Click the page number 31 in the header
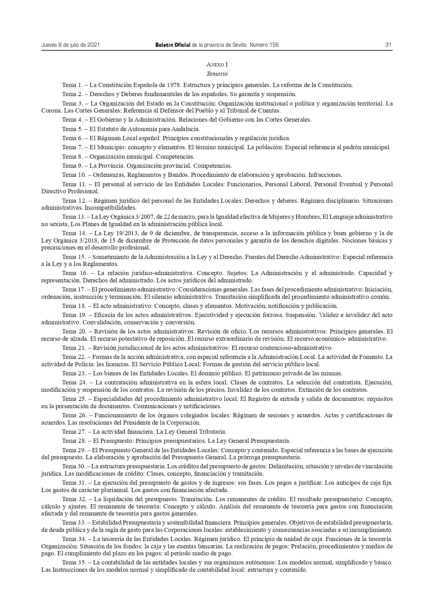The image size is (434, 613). (388, 45)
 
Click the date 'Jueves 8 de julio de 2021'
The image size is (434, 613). (71, 45)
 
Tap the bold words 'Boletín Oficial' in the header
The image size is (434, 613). (173, 45)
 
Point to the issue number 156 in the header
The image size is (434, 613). (274, 45)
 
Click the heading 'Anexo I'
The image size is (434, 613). (217, 65)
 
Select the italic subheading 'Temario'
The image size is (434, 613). (217, 74)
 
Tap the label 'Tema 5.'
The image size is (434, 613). (72, 129)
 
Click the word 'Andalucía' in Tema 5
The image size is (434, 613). (187, 129)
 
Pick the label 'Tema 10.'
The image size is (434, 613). (73, 175)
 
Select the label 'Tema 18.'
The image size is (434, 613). (73, 306)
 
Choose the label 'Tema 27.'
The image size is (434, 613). (73, 432)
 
